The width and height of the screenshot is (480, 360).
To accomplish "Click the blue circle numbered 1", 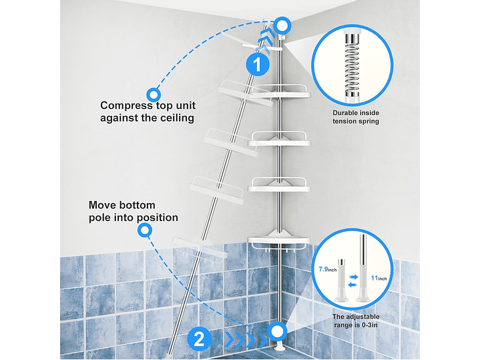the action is (x=258, y=65).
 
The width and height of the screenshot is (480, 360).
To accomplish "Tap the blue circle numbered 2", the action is (x=199, y=339).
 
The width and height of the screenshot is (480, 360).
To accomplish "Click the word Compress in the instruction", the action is (x=126, y=106).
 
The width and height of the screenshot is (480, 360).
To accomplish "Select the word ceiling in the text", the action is (x=177, y=118).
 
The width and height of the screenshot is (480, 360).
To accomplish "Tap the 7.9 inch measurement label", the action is (x=328, y=269).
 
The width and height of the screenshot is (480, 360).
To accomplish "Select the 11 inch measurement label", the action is (x=379, y=278).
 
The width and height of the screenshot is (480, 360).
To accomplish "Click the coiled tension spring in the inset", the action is (x=352, y=67).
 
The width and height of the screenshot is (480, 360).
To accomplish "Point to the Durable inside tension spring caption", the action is (x=356, y=117).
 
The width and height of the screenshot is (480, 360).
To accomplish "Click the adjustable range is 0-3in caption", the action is (x=356, y=321).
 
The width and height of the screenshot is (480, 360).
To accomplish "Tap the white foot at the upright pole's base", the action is (x=278, y=346).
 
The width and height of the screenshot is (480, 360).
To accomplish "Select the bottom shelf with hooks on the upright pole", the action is (x=279, y=241).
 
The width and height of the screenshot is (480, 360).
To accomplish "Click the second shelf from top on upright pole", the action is (x=279, y=140).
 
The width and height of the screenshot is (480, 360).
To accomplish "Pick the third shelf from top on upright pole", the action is (x=279, y=185).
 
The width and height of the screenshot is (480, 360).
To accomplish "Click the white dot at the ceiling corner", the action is (x=282, y=25).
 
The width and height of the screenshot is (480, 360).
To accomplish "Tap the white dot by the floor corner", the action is (x=277, y=331).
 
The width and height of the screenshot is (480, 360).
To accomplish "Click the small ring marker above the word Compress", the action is (x=154, y=95).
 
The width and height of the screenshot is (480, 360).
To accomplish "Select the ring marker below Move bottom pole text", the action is (x=145, y=230).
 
